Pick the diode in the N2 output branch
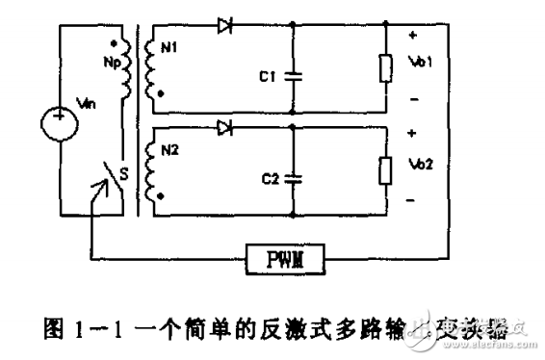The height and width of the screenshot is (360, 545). (225, 126)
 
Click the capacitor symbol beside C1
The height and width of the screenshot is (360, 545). (292, 73)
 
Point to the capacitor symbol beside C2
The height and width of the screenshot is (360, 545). (292, 175)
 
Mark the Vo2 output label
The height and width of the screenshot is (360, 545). (422, 165)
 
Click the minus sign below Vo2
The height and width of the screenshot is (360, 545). (413, 200)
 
